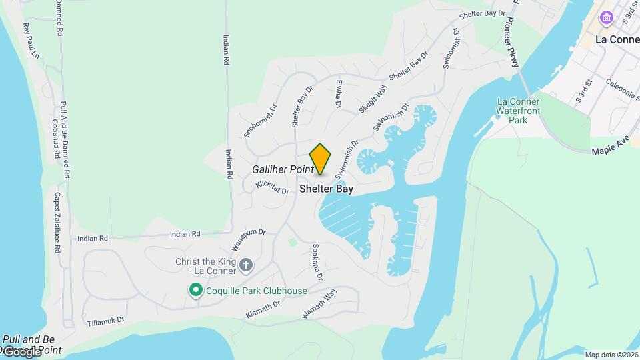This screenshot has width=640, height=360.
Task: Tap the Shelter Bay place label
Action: [x=326, y=189]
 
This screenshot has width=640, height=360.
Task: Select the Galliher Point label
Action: [x=283, y=170]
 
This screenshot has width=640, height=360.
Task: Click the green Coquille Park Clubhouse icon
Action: [x=195, y=291]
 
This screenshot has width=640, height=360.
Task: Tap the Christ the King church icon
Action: [x=245, y=265]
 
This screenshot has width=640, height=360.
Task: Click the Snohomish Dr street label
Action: [x=259, y=121]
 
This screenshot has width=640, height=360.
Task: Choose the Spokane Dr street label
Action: [x=317, y=262]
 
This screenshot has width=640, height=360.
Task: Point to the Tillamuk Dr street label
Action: [x=105, y=321]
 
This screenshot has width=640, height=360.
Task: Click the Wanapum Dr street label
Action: [x=248, y=235]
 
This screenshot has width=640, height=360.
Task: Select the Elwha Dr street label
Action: [x=338, y=95]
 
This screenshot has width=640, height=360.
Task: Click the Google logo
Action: [x=22, y=351]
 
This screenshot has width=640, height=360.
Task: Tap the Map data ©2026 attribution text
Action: [x=611, y=355]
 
